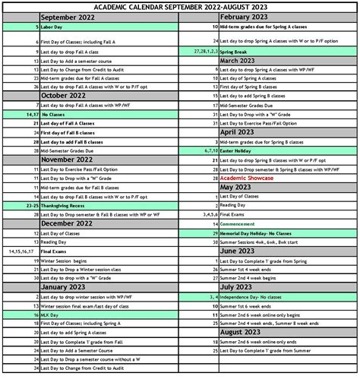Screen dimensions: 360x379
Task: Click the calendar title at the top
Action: click(180, 6)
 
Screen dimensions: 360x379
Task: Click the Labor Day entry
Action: click(53, 27)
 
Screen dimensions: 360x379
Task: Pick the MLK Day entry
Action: click(51, 314)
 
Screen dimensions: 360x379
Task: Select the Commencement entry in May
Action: click(242, 225)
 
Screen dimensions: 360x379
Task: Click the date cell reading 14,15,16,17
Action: click(21, 250)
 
